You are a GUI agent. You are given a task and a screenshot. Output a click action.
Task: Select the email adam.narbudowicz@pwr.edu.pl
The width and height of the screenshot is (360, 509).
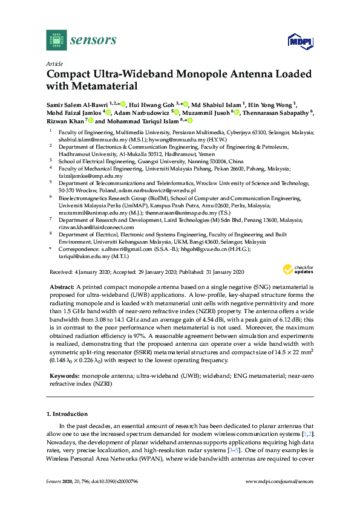157,190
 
